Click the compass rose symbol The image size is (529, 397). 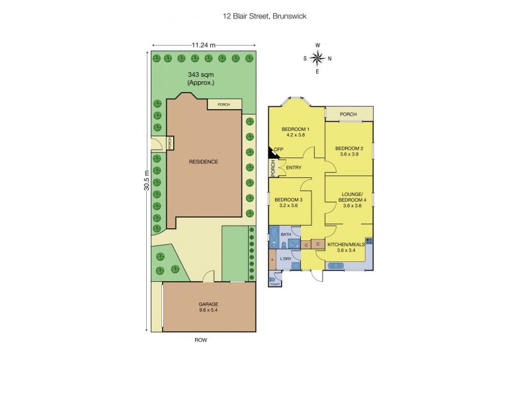[317, 58]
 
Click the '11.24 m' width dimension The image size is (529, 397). [204, 45]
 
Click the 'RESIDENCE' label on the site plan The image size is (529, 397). [203, 161]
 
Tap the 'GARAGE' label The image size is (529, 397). [209, 304]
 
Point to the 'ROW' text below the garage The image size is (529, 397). [200, 340]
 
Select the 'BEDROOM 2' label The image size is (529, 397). [348, 148]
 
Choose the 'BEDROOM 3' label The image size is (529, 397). [288, 200]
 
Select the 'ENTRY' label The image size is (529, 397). [294, 168]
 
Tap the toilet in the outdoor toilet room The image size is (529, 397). [274, 281]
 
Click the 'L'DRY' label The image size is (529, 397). [287, 257]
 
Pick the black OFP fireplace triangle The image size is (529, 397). [272, 152]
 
